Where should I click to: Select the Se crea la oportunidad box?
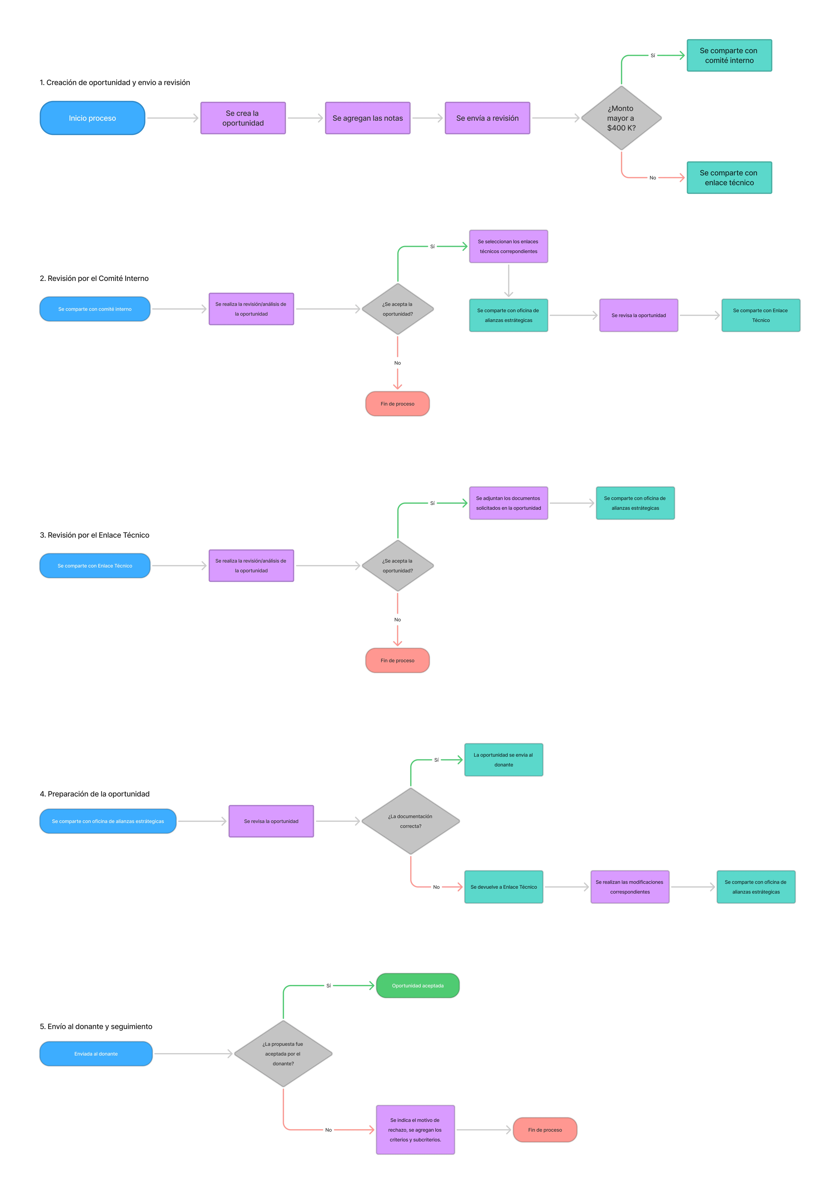coord(243,118)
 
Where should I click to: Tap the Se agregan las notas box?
coord(368,118)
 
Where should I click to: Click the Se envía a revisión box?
coord(487,118)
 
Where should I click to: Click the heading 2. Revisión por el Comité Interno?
coord(94,278)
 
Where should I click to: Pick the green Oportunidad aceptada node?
coord(417,985)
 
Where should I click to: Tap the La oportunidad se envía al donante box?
coord(503,760)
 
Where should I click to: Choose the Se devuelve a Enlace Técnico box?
coord(503,887)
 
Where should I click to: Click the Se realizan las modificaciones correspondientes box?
coord(630,887)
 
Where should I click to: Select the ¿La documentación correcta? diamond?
coord(410,821)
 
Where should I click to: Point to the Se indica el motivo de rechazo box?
coord(415,1130)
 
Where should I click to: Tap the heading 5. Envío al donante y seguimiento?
coord(96,1026)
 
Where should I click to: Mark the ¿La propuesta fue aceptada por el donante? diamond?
coord(283,1054)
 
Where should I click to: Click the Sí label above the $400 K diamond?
coord(652,55)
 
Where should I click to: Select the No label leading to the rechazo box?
coord(328,1130)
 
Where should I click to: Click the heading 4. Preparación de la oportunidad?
coord(95,794)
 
